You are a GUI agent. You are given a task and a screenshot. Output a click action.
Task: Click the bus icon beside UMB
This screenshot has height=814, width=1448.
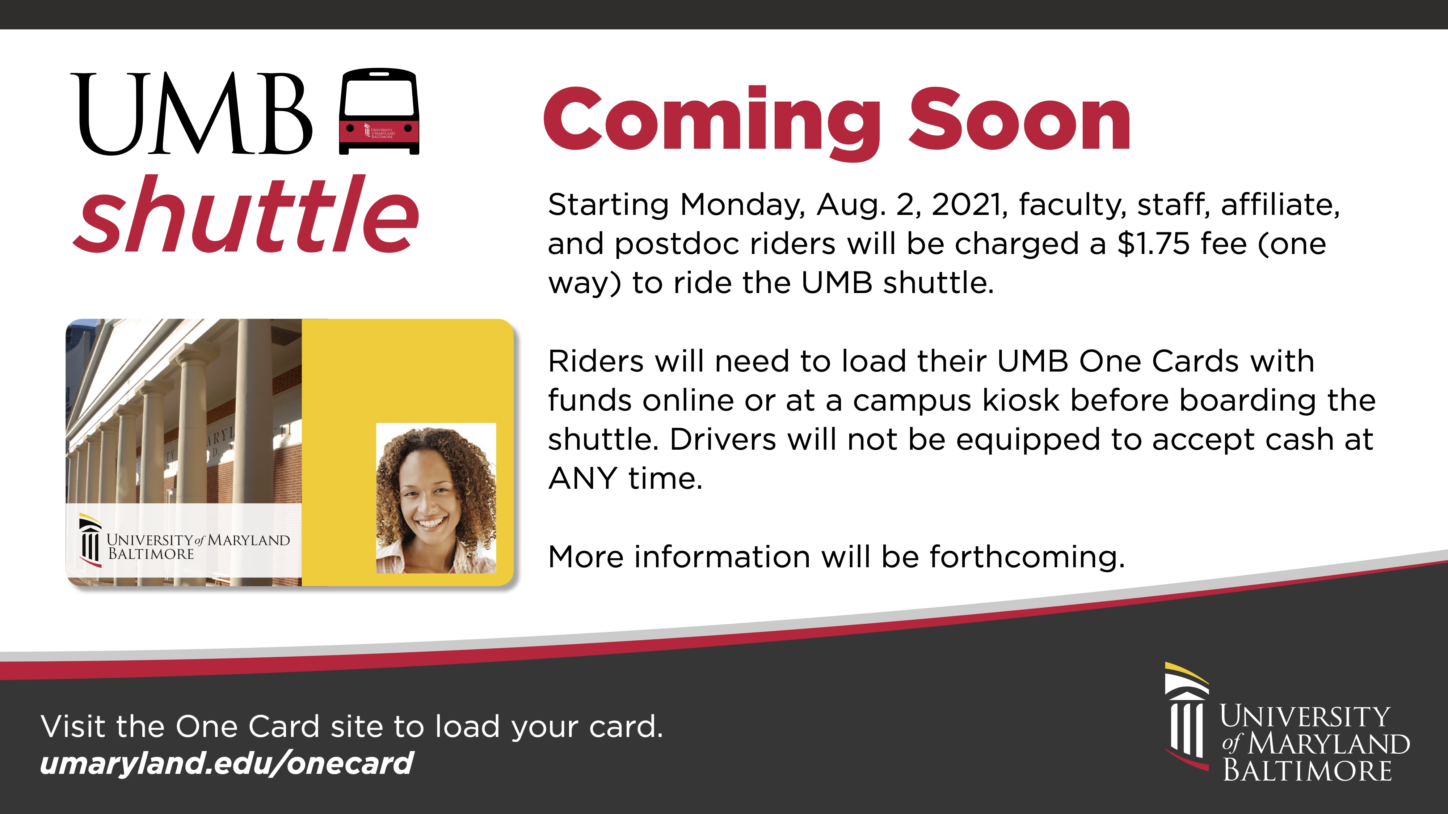point(379,111)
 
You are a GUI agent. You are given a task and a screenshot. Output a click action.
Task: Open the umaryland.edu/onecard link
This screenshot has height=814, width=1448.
point(227,763)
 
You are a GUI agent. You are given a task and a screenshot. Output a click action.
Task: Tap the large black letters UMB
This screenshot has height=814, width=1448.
point(192,114)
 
